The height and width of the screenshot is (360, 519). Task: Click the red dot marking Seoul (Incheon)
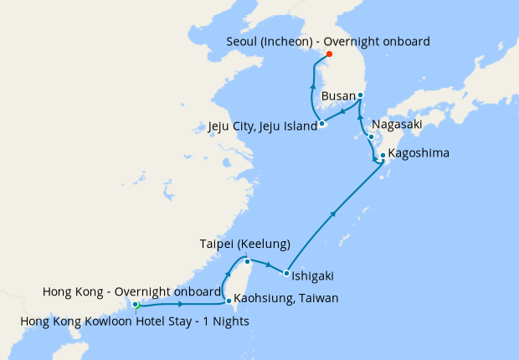click(x=328, y=54)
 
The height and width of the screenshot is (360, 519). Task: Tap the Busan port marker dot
click(x=361, y=95)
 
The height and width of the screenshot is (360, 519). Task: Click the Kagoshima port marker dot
click(x=383, y=155)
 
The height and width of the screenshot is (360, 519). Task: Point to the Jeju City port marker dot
click(x=321, y=125)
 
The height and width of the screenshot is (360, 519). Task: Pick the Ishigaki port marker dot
click(x=286, y=274)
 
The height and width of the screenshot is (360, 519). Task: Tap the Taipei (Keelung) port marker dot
click(x=247, y=261)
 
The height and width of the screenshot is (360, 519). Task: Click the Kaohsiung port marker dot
click(x=229, y=300)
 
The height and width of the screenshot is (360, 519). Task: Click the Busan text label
click(x=339, y=96)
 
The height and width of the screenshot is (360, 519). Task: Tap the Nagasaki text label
click(x=397, y=124)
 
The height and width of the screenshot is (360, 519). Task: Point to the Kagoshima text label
click(x=419, y=154)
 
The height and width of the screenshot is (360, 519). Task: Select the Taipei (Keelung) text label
click(x=245, y=244)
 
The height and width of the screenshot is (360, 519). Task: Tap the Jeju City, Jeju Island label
click(x=262, y=127)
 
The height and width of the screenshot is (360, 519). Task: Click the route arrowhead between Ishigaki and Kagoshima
click(x=334, y=214)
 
